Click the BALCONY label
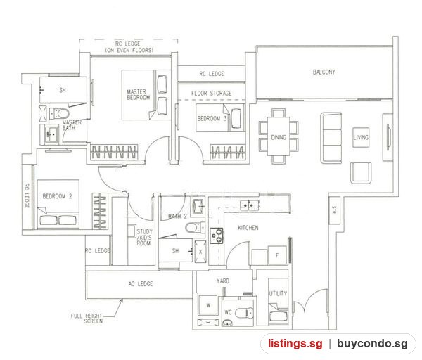coord(324,72)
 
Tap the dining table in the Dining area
coord(279,136)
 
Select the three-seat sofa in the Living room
coord(331,138)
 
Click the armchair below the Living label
coord(361,173)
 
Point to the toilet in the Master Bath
coord(59,113)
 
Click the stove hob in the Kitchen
coord(217,236)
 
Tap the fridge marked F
coord(277,255)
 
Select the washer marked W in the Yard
coord(208,305)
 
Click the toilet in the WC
coord(244,313)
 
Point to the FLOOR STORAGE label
coord(211,94)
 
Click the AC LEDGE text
coord(141,284)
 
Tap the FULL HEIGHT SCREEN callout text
coord(87,319)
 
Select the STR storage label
coord(334,210)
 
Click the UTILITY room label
coord(278,293)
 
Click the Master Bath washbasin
coord(51,134)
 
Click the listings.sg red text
coord(295,344)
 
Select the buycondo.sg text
coord(372,344)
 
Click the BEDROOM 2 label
coord(58,196)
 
